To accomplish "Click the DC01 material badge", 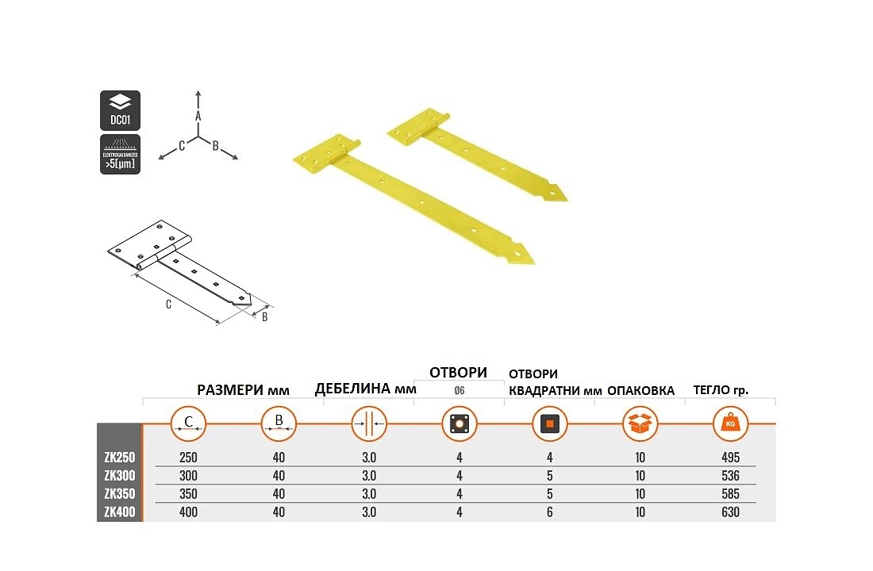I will pos(120,110).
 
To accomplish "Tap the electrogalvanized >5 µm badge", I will pos(120,155).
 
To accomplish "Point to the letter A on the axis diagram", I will pos(198,116).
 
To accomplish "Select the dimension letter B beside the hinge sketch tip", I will pos(264,317).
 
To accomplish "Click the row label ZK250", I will pos(120,458).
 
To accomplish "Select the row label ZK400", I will pos(120,512).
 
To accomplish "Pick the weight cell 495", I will pos(730,458).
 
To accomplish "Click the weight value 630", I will pos(730,512).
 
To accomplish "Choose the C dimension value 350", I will pos(188,494).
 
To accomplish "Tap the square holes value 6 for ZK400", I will pos(549,512).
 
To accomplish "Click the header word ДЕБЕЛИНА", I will pos(348,389).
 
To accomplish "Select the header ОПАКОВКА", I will pos(640,390).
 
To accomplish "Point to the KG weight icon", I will pos(730,424).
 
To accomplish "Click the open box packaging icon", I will pos(640,424).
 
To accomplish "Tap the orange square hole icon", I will pos(549,424).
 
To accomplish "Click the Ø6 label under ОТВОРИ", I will pos(459,389).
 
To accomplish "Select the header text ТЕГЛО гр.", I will pos(721,390).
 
